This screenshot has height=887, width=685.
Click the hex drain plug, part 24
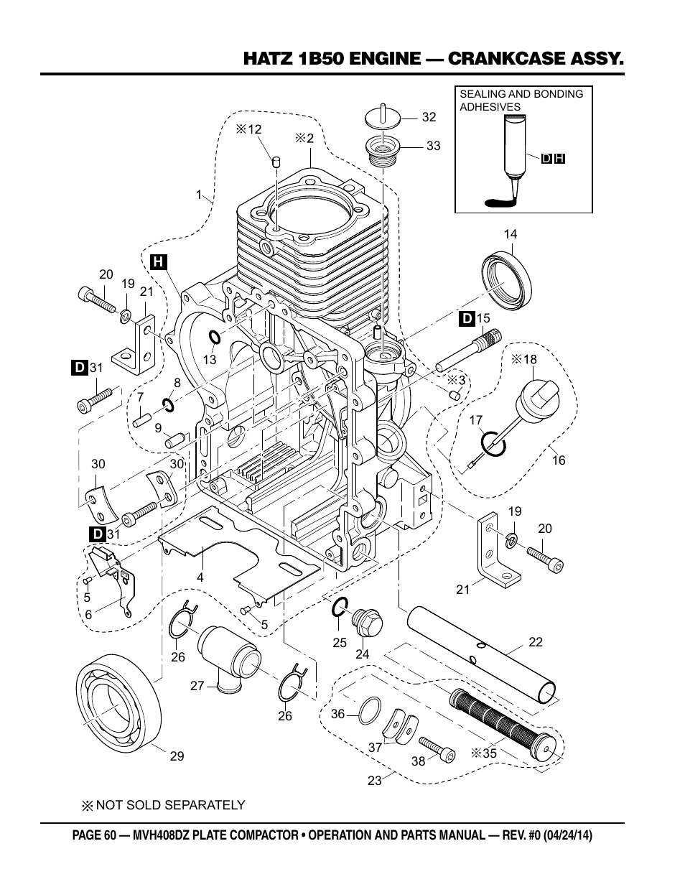pyautogui.click(x=367, y=623)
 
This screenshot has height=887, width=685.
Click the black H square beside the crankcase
pyautogui.click(x=158, y=261)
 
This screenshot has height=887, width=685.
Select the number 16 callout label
pyautogui.click(x=559, y=460)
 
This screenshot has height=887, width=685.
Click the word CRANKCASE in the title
pyautogui.click(x=506, y=59)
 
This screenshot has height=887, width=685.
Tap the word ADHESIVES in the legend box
pyautogui.click(x=490, y=107)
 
